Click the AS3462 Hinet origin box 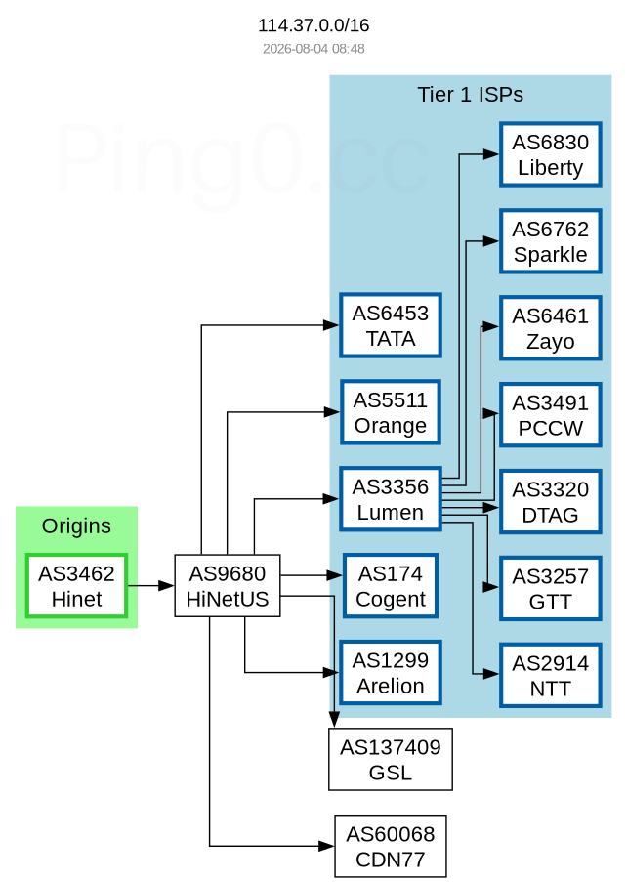click(x=76, y=586)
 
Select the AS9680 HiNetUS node click(x=228, y=586)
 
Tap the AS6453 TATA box click(x=391, y=325)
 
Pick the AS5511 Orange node click(x=391, y=412)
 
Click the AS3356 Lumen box click(x=391, y=499)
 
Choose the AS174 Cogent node click(x=391, y=586)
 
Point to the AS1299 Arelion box click(x=391, y=673)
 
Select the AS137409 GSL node click(x=391, y=759)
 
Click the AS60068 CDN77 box click(x=391, y=846)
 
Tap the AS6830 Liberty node click(x=551, y=154)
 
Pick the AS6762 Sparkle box click(x=551, y=241)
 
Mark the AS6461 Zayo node click(x=551, y=328)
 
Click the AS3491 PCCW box click(x=551, y=415)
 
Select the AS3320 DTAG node click(x=551, y=502)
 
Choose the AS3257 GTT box click(x=551, y=588)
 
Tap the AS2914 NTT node click(x=551, y=676)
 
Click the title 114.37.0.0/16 click(x=313, y=25)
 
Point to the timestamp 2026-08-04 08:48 click(x=313, y=49)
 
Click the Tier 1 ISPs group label click(x=470, y=95)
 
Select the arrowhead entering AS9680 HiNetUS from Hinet click(x=166, y=586)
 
